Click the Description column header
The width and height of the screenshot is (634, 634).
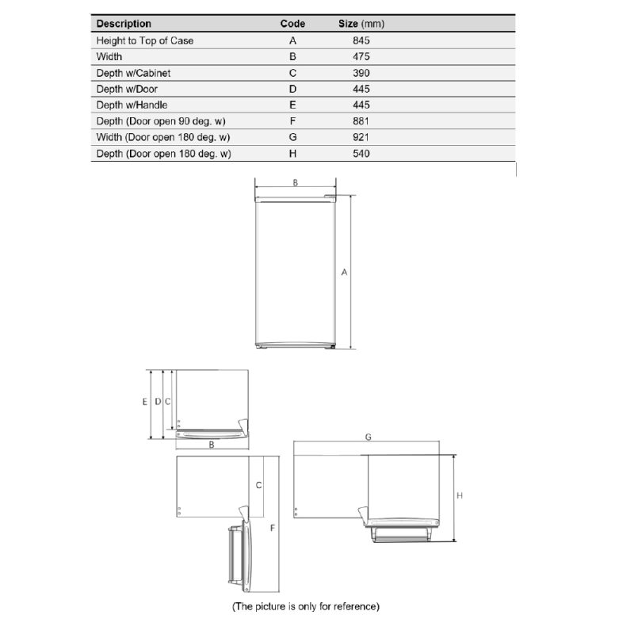(124, 24)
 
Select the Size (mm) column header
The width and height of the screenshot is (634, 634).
(361, 24)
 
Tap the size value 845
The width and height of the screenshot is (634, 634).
(361, 40)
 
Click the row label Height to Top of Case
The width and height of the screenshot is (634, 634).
(145, 40)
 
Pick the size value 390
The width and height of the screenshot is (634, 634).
(361, 73)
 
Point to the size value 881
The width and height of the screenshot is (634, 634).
(361, 121)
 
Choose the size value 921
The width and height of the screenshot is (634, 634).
(361, 137)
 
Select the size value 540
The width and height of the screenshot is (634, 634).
(361, 154)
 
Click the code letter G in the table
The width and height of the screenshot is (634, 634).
(292, 137)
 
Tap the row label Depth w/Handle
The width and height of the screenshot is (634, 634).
(132, 105)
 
